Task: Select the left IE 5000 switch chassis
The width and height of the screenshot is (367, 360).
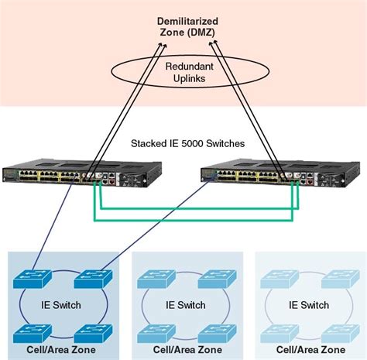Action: click(81, 177)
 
